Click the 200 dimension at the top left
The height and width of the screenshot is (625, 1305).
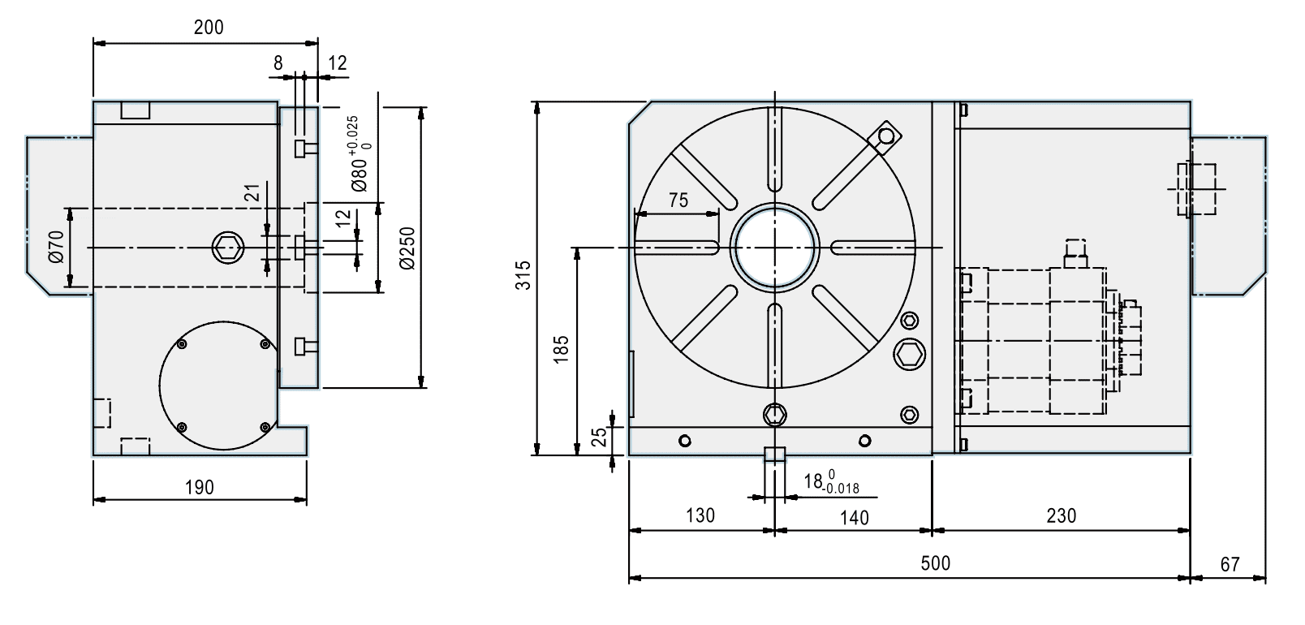pos(209,28)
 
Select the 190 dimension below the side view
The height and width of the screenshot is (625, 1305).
pos(200,487)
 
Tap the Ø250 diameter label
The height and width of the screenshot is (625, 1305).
pos(407,248)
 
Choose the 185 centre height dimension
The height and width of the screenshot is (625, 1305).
pos(561,347)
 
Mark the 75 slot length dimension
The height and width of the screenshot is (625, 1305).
pos(678,200)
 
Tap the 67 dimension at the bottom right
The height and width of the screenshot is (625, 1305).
pos(1230,563)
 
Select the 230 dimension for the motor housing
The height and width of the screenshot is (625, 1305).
pos(1061,516)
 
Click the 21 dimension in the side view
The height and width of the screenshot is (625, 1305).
pos(252,192)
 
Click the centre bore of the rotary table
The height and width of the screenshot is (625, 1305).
pos(774,248)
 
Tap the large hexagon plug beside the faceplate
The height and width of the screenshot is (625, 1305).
pos(910,355)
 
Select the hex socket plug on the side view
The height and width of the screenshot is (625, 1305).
pos(228,248)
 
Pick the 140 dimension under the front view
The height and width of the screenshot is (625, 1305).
pos(854,517)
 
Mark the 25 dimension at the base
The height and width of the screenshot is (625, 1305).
pos(598,438)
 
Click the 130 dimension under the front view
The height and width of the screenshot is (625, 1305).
pos(700,516)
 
